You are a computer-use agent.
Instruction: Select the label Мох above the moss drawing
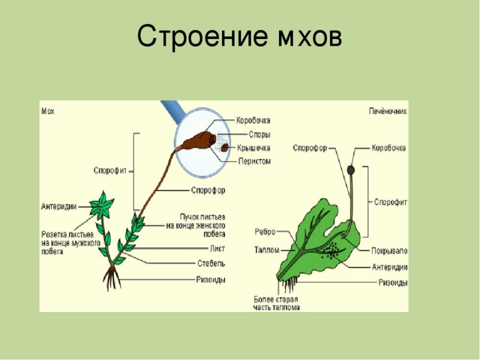tap(48, 111)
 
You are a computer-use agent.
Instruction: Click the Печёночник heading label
tap(388, 111)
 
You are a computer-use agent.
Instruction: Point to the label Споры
tap(260, 134)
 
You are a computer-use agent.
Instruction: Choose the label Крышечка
tap(254, 148)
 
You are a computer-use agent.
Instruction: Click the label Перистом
tap(254, 161)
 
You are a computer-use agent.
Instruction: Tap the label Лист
tap(217, 248)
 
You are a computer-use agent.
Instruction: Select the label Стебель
tap(211, 263)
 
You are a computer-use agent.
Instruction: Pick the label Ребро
tap(265, 232)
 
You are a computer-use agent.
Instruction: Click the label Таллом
tap(266, 250)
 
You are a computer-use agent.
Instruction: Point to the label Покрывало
tap(389, 251)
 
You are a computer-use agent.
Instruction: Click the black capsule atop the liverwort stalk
tap(351, 170)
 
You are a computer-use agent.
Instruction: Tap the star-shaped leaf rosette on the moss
tap(101, 206)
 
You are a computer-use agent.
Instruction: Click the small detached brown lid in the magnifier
tap(224, 148)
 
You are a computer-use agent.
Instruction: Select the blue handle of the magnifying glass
tap(174, 109)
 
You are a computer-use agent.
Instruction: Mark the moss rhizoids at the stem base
tap(112, 278)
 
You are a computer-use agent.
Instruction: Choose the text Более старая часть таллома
tap(277, 304)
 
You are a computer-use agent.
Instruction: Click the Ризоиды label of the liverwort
tap(393, 282)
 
